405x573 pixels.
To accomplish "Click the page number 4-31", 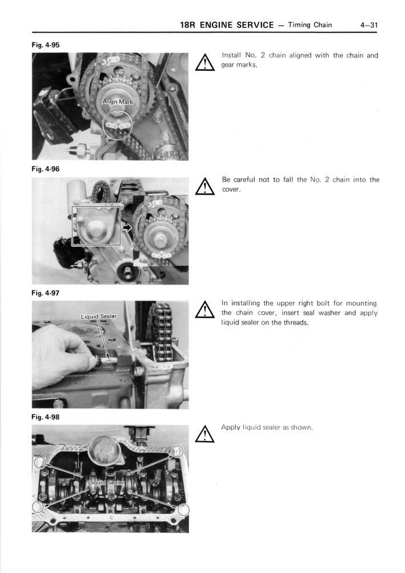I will click(x=369, y=25).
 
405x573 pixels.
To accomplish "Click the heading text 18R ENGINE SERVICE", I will click(x=226, y=25).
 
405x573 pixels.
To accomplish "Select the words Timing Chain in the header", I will click(x=310, y=25).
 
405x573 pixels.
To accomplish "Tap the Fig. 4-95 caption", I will click(x=46, y=45).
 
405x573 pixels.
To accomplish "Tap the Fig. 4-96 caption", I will click(x=46, y=169).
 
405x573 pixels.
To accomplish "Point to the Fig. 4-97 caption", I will click(x=46, y=293).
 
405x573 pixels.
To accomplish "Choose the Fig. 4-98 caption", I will click(x=46, y=417).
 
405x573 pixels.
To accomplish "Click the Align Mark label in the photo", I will click(x=117, y=102).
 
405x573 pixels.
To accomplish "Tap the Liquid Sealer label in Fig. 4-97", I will click(x=98, y=316).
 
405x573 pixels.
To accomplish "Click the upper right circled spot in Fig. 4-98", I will click(x=178, y=451).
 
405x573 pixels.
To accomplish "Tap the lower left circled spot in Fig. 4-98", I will click(x=38, y=507).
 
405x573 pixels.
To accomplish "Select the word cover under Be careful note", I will click(x=231, y=189).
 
